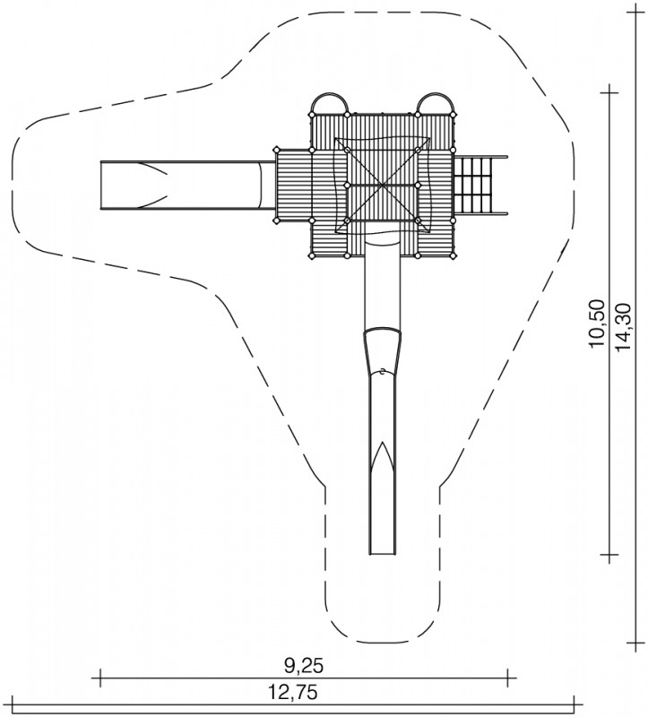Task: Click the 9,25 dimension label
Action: click(x=304, y=666)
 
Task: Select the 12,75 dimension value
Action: click(x=293, y=692)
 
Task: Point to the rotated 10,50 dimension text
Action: click(x=597, y=324)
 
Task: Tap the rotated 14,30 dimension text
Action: click(x=623, y=327)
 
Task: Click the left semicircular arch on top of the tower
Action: click(x=329, y=94)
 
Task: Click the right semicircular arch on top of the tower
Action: click(x=436, y=94)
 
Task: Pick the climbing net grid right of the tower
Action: click(x=476, y=185)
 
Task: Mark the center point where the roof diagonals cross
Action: click(x=382, y=185)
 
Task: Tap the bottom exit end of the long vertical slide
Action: click(x=383, y=554)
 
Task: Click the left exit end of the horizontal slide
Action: click(x=100, y=185)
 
